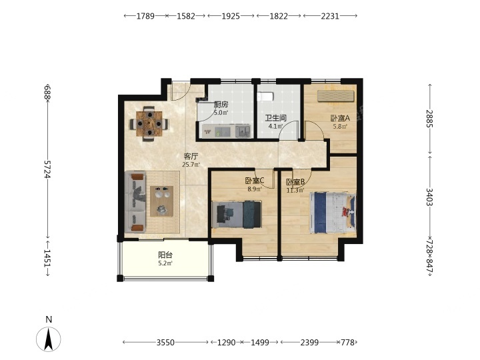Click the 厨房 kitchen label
221,105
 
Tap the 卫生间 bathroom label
275,118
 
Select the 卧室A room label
340,118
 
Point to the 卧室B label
295,183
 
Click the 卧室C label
255,181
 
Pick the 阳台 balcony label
165,255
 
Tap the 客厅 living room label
191,157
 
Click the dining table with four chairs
149,124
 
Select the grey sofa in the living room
135,202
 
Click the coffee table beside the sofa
161,201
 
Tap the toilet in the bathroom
265,97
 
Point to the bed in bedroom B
333,213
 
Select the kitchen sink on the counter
243,131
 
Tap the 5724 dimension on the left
47,169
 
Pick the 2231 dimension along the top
330,16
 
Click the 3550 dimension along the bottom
165,342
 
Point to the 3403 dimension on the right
429,197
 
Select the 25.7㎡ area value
191,165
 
